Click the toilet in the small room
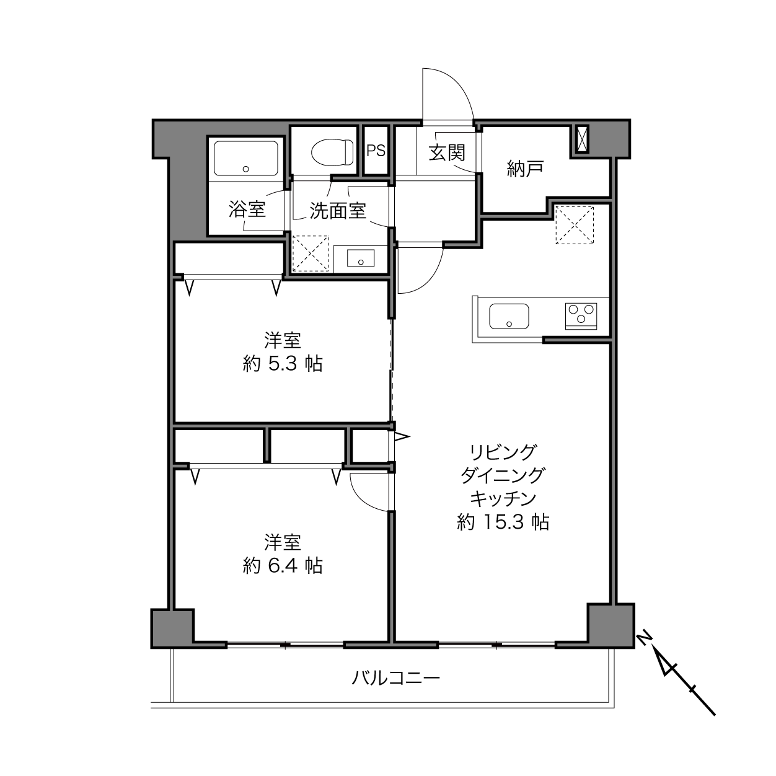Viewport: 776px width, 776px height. click(x=332, y=152)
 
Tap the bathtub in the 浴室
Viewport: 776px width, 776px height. click(x=245, y=157)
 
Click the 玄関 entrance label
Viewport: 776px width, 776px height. click(x=447, y=153)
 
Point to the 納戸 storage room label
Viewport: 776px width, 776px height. click(x=525, y=169)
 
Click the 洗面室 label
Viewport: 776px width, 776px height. click(x=337, y=211)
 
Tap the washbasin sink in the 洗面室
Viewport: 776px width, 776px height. click(x=360, y=258)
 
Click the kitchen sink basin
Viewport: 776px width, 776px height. click(x=509, y=316)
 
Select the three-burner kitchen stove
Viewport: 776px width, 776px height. click(x=581, y=316)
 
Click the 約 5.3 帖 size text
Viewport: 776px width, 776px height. click(x=283, y=364)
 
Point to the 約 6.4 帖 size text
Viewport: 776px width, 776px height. click(x=283, y=566)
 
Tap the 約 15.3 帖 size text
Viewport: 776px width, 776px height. click(x=503, y=522)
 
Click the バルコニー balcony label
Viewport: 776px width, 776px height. click(x=396, y=678)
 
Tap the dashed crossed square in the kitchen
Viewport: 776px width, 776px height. click(x=575, y=225)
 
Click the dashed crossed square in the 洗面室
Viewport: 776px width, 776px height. click(x=310, y=254)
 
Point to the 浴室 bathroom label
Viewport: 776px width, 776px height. click(x=247, y=209)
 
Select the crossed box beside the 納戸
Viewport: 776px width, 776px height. click(x=582, y=139)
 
